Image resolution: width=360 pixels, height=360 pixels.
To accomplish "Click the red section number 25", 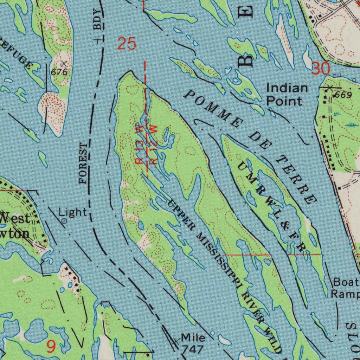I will click(x=126, y=44).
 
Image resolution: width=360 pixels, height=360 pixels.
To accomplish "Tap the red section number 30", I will click(x=321, y=69).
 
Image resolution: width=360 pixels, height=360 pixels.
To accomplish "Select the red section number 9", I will click(x=51, y=347).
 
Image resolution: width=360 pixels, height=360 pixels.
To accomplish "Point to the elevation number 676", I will click(x=59, y=72).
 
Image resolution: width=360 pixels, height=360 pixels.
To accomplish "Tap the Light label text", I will click(x=72, y=212).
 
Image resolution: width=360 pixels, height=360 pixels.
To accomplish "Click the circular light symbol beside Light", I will click(x=64, y=221).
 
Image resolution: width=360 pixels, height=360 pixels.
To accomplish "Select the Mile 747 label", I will click(x=193, y=343).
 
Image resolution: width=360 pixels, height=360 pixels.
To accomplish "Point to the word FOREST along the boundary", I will click(x=84, y=163).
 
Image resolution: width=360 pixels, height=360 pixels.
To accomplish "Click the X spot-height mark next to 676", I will click(x=64, y=64).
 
